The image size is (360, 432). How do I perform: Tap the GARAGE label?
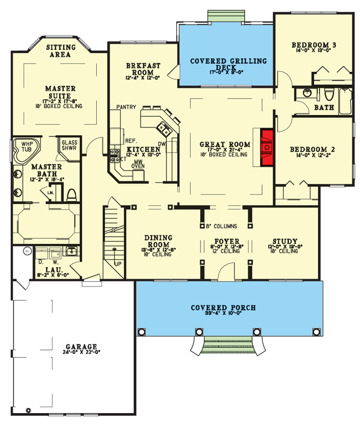(x=81, y=347)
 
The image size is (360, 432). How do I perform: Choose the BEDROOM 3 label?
(x=314, y=45)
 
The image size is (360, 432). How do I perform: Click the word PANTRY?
(x=125, y=108)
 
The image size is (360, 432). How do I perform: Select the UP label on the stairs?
(x=117, y=264)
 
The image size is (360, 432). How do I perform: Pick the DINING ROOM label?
(x=158, y=241)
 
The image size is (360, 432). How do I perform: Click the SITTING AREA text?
(x=61, y=50)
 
